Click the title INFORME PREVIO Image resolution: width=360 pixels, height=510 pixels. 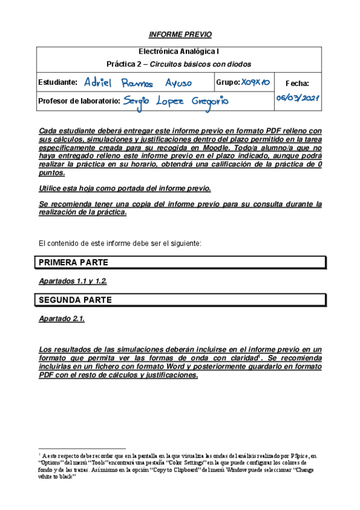click(180, 35)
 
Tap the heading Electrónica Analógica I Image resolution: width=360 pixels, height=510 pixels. click(179, 52)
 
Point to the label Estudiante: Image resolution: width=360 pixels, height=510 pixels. click(58, 82)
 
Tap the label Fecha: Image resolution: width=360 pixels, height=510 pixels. click(297, 84)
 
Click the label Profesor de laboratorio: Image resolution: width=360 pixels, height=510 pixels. click(79, 101)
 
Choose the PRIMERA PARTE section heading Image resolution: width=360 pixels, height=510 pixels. click(73, 263)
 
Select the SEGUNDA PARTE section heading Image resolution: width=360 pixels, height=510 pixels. click(75, 299)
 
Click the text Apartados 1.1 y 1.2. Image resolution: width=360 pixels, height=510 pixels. click(73, 281)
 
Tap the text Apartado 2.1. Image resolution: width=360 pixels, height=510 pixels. click(61, 319)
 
